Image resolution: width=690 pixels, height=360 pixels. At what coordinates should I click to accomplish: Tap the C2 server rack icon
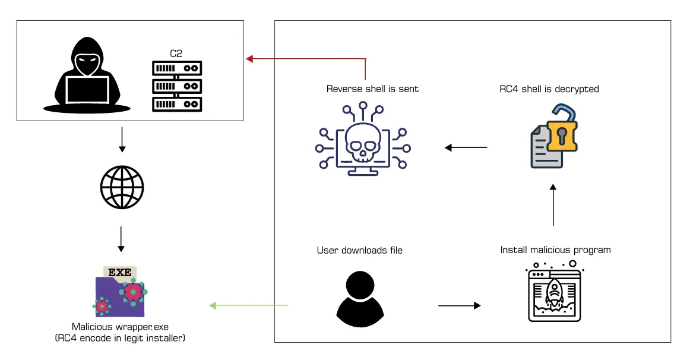176,86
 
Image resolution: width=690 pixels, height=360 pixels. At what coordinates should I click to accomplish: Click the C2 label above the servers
176,53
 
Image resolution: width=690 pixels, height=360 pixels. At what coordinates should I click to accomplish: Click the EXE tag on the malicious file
120,273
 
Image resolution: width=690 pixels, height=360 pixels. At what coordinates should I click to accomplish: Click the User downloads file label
359,250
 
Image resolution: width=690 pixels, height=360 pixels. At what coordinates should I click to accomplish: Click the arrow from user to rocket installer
459,306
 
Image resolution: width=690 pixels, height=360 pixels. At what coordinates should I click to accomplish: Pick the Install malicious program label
555,250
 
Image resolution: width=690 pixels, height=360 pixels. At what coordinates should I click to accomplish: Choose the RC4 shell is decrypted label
549,89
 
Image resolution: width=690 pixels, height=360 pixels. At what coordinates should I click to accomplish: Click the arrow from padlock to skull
466,147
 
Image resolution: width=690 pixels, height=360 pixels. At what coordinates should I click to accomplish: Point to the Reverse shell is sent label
372,89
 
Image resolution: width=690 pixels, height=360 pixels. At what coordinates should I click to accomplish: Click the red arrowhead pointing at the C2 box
250,58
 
